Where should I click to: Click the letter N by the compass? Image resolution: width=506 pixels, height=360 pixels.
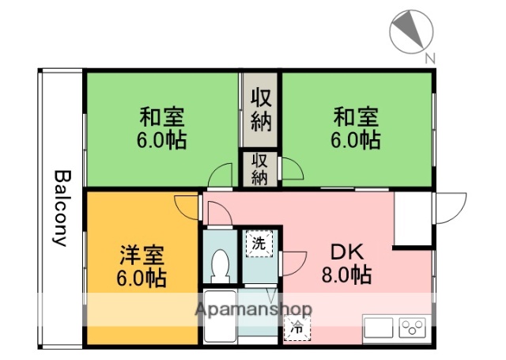pos(430,58)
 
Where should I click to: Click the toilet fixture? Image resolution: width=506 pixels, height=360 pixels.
pos(221,264)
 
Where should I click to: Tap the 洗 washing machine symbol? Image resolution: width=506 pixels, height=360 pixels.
pos(259,244)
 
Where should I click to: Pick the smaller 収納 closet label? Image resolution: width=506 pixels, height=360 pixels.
pos(260,168)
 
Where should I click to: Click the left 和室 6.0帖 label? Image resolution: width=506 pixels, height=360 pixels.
pos(162,129)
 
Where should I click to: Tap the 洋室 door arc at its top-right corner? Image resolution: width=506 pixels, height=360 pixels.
pos(187,207)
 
